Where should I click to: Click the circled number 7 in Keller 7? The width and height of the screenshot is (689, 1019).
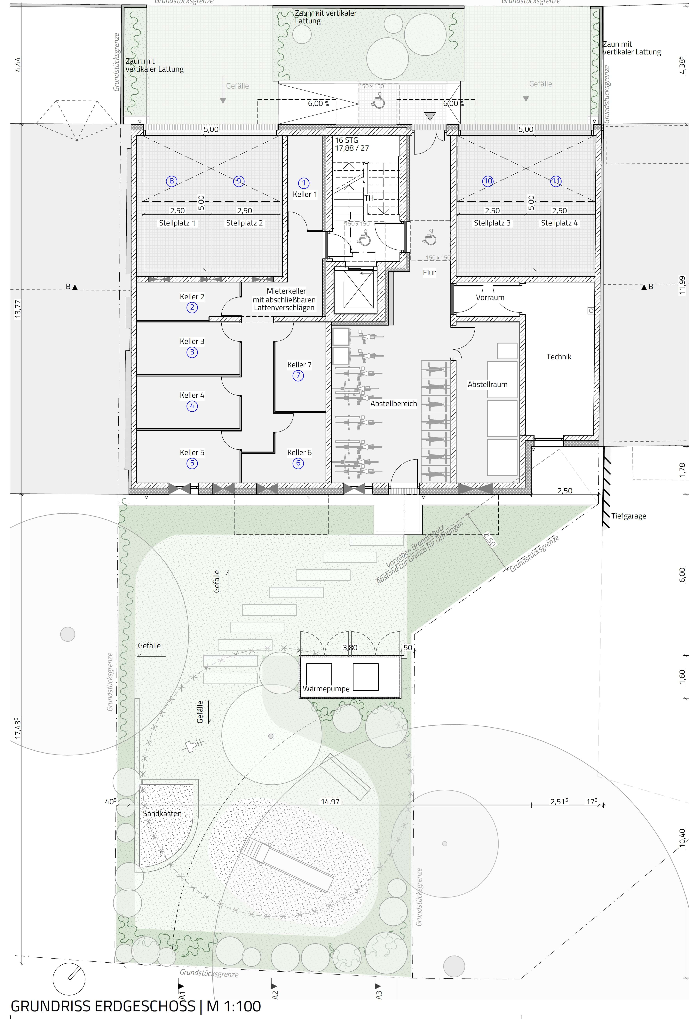click(x=298, y=375)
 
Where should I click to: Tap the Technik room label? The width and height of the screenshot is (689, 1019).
click(x=559, y=357)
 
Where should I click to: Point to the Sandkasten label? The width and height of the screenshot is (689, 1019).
click(x=162, y=813)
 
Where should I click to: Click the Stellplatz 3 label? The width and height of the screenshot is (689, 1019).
click(x=492, y=223)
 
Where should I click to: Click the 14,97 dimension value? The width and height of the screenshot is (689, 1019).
click(x=330, y=802)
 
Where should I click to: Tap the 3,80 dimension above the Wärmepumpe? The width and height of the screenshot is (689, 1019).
click(x=350, y=648)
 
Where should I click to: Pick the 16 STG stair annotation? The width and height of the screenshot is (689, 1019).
click(x=346, y=140)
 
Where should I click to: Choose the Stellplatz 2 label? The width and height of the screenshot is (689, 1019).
click(x=244, y=223)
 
